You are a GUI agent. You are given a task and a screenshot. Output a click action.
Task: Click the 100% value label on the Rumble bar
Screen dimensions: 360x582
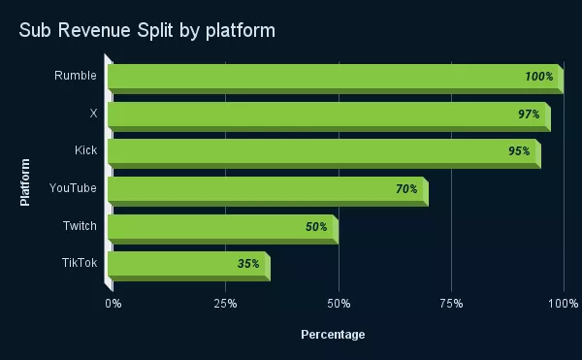pos(537,77)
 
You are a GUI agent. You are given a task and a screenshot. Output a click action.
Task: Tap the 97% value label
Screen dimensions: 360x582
pos(529,115)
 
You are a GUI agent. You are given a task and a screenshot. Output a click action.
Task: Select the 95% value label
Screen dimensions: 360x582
pos(519,151)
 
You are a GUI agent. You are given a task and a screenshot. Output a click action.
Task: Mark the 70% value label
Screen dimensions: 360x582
pos(406,189)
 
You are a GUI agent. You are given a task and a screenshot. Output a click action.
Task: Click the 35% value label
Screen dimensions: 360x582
pos(248,264)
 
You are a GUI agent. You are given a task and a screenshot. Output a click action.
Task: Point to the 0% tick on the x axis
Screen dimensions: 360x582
pos(113,305)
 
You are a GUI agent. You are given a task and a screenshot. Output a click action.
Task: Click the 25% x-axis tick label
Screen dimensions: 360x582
pos(225,305)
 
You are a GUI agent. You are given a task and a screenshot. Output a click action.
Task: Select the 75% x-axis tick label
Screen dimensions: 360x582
pos(451,305)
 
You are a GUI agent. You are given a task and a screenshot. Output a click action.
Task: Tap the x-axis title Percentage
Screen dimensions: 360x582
pos(333,335)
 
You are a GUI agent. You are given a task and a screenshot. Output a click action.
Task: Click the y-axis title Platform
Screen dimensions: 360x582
pos(25,181)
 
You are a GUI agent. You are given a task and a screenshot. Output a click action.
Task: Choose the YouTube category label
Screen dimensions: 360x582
pos(74,188)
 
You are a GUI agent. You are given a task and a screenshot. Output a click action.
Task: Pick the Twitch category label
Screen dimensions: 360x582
pos(80,225)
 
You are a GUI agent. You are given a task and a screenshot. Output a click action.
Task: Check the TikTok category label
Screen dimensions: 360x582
pos(79,262)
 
